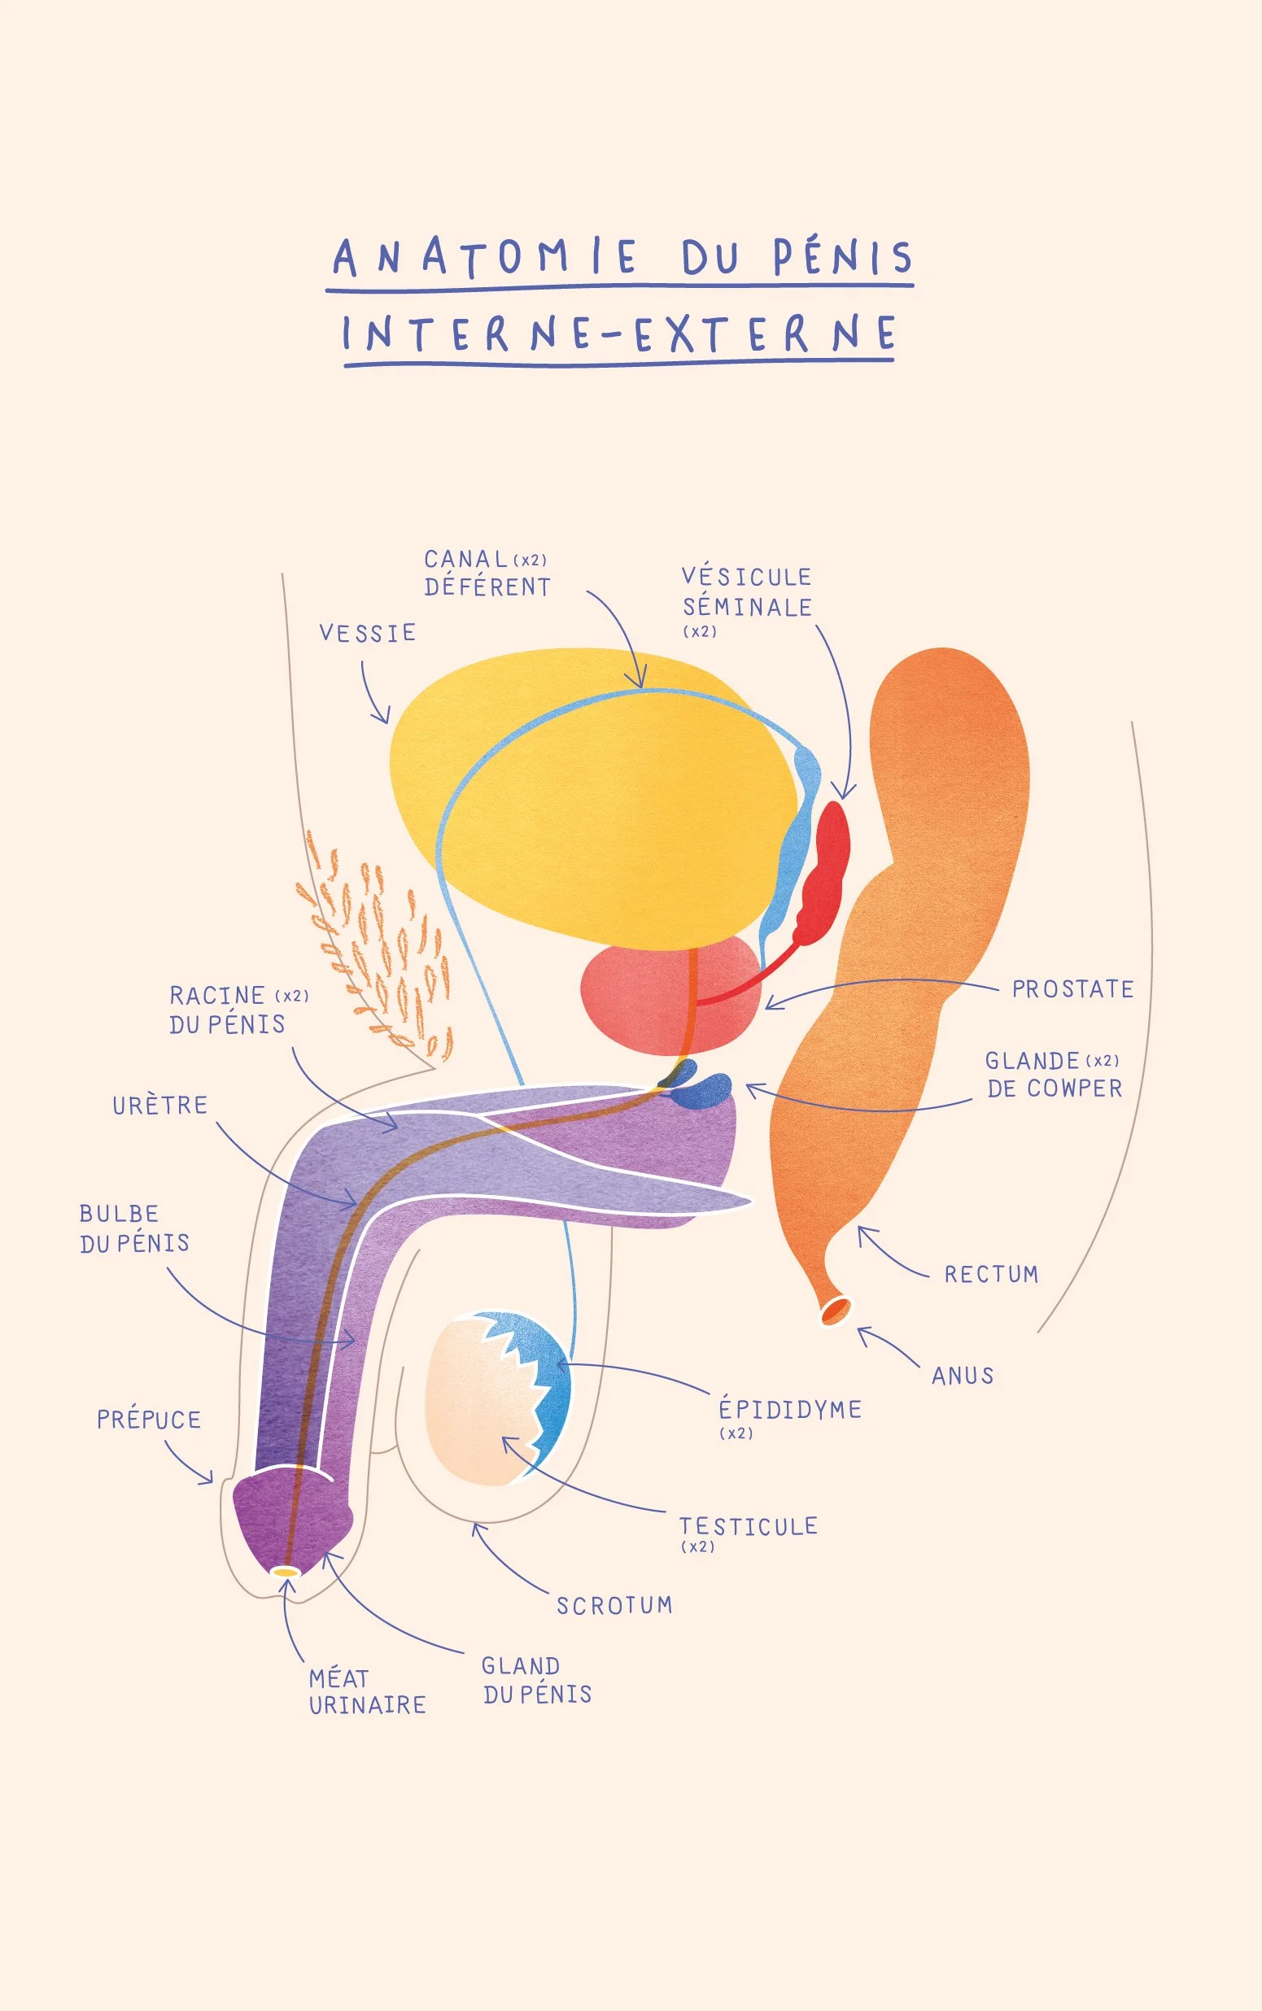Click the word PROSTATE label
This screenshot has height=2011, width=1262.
(1072, 990)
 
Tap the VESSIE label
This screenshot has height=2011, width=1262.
(367, 634)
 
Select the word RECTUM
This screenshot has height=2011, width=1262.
(991, 1274)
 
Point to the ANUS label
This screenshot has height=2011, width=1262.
(963, 1376)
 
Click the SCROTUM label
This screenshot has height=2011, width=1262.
(614, 1605)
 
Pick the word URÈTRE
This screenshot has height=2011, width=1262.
(159, 1106)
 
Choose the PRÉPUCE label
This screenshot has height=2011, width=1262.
(149, 1420)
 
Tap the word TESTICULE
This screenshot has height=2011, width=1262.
(748, 1526)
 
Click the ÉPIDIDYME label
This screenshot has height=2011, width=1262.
(789, 1409)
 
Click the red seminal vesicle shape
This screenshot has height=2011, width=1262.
(827, 868)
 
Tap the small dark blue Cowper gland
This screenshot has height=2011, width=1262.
(705, 1090)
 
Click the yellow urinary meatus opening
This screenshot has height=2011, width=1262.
(286, 1572)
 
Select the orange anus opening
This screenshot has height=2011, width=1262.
(835, 1309)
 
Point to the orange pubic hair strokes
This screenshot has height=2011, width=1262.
(376, 943)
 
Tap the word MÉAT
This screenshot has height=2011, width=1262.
(338, 1678)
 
